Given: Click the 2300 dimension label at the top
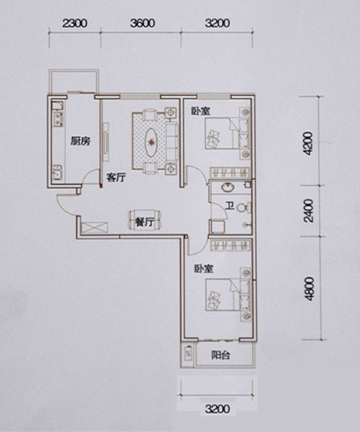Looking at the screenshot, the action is pyautogui.click(x=75, y=24).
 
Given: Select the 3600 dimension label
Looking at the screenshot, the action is pyautogui.click(x=143, y=24).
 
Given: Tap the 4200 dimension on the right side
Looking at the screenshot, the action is pyautogui.click(x=309, y=144).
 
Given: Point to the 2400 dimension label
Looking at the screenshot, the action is pyautogui.click(x=309, y=211).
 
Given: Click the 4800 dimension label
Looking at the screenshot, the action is pyautogui.click(x=309, y=289).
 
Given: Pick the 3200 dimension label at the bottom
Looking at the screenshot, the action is pyautogui.click(x=217, y=409).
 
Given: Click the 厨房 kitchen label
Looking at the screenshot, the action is pyautogui.click(x=81, y=141).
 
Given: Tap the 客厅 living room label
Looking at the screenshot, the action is pyautogui.click(x=116, y=177).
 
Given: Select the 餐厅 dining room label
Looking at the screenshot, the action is pyautogui.click(x=144, y=222).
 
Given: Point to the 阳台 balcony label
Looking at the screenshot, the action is pyautogui.click(x=220, y=355).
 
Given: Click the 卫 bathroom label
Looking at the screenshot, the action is pyautogui.click(x=230, y=207).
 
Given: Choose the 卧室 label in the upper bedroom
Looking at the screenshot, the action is pyautogui.click(x=201, y=111).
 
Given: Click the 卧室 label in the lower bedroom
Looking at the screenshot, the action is pyautogui.click(x=204, y=269).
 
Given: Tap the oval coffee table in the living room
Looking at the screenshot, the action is pyautogui.click(x=151, y=142).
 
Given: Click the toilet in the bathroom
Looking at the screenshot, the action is pyautogui.click(x=243, y=207).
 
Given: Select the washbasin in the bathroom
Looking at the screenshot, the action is pyautogui.click(x=228, y=187).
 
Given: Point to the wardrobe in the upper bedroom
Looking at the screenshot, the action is pyautogui.click(x=230, y=173).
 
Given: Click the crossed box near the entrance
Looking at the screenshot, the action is pyautogui.click(x=94, y=228).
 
